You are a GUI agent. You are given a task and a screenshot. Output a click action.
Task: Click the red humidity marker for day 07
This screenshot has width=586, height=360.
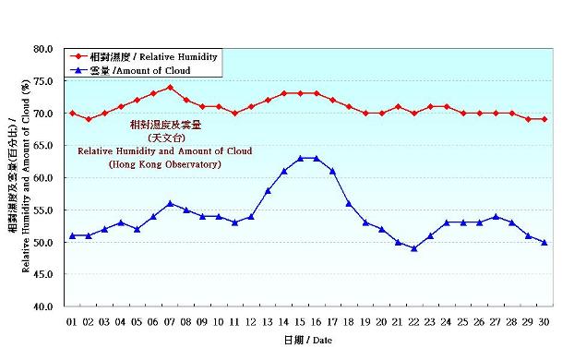tap(170, 88)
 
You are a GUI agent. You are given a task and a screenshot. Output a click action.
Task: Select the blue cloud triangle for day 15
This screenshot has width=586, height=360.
tap(300, 158)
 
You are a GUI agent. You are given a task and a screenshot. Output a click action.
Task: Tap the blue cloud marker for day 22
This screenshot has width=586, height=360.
tap(414, 248)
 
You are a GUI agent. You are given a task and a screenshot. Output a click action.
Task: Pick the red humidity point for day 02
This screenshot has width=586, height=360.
tap(89, 119)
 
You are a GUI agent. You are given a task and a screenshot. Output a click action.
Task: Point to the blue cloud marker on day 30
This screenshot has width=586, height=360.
tap(544, 242)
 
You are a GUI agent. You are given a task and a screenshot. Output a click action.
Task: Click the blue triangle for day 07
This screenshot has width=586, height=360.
tap(170, 203)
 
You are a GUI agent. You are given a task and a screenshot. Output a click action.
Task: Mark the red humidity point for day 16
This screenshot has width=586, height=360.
tap(317, 93)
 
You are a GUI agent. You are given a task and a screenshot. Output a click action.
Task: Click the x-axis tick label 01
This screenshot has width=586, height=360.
tap(72, 322)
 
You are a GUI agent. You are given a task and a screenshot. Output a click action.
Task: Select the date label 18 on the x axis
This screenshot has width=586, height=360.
tap(349, 322)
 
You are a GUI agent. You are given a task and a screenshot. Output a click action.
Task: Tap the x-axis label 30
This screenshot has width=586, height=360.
tap(544, 322)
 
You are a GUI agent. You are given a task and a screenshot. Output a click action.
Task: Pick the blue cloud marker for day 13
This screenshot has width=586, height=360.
tap(268, 190)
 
